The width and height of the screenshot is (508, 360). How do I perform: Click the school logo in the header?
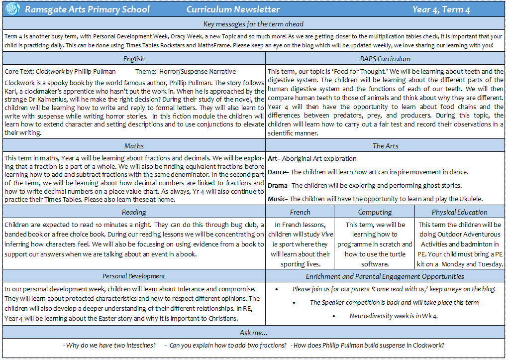point(12,9)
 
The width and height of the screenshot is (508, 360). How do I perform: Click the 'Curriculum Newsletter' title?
point(233,9)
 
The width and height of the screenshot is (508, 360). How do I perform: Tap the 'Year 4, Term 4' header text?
point(441,9)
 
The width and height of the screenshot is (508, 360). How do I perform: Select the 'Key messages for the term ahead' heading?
point(253,24)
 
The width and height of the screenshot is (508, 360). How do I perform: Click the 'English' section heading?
point(134,59)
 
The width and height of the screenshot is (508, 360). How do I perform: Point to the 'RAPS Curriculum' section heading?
point(386,59)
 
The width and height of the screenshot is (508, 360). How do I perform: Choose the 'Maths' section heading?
point(134,146)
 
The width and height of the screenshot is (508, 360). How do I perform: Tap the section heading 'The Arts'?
point(386,146)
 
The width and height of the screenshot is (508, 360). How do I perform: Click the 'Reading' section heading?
point(134,212)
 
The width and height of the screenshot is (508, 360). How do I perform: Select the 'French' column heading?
point(300,212)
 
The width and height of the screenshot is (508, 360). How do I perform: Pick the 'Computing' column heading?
point(375,212)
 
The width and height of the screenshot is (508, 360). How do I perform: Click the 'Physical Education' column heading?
point(459,212)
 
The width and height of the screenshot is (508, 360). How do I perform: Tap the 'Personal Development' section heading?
point(134,276)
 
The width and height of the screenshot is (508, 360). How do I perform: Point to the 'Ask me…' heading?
point(253,333)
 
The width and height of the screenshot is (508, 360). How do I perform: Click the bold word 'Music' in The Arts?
point(277,199)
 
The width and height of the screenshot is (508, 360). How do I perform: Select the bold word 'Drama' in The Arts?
point(277,185)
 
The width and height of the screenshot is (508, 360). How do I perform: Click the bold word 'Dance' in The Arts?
point(277,172)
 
